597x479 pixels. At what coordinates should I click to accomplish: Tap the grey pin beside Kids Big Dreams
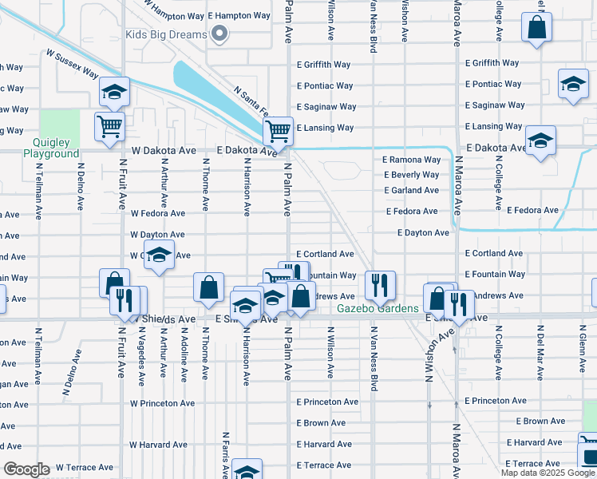[x=222, y=35]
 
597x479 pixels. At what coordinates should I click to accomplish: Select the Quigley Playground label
[x=51, y=147]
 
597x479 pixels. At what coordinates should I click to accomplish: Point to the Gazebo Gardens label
[x=378, y=309]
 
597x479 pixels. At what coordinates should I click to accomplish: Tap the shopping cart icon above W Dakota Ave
[x=109, y=126]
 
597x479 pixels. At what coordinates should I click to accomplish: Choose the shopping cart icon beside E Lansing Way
[x=278, y=129]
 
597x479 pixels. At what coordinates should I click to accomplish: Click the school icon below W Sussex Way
[x=114, y=93]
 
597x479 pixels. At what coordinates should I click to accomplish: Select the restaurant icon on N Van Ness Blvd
[x=378, y=284]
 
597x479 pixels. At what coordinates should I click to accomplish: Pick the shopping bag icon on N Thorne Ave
[x=208, y=288]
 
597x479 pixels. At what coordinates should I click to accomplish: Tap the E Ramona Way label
[x=411, y=160]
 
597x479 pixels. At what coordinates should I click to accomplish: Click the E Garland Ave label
[x=411, y=190]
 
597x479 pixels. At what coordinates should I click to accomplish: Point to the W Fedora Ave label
[x=158, y=213]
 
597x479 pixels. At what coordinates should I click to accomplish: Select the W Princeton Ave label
[x=162, y=403]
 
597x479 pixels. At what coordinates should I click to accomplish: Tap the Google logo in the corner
[x=26, y=469]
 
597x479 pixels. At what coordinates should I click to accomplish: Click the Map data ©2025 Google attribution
[x=548, y=473]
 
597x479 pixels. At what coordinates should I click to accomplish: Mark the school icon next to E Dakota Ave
[x=540, y=141]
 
